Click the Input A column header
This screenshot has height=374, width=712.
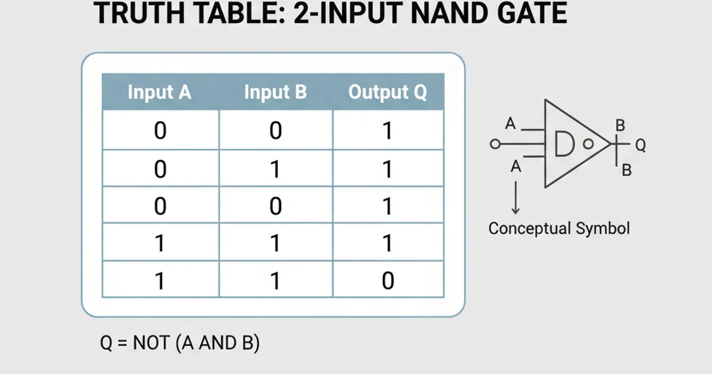160,93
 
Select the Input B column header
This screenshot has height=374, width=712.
275,93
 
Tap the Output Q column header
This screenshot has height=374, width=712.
387,93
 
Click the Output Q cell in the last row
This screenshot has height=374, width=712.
387,280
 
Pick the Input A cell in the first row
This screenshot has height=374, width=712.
160,131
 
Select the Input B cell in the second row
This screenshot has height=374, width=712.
275,169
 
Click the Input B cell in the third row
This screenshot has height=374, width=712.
275,206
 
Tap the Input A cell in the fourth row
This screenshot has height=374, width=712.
160,243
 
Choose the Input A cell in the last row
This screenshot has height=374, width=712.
160,280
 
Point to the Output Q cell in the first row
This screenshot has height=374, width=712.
387,131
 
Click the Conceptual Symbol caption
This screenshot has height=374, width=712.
558,229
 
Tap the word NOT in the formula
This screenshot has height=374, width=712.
152,343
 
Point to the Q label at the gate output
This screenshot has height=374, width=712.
640,144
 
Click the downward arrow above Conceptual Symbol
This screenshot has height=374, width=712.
516,197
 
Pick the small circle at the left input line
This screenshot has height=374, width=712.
495,144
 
